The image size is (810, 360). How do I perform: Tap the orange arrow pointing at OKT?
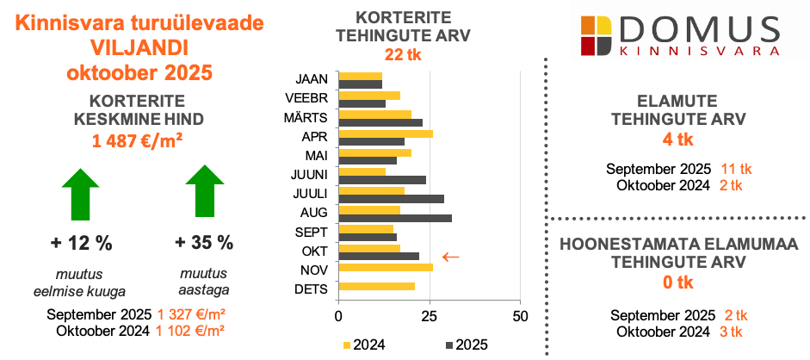pos(449,256)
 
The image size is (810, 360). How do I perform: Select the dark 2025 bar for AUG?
pos(395,218)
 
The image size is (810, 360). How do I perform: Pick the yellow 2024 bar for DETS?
pos(377,286)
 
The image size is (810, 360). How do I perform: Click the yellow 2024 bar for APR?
pos(386,133)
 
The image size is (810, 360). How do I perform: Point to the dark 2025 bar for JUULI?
pos(392,199)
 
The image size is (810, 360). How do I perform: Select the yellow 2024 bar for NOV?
pos(386,267)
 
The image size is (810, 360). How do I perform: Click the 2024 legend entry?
pos(363,344)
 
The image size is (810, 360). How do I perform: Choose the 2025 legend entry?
pos(467,344)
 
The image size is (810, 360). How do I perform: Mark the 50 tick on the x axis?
pos(519,316)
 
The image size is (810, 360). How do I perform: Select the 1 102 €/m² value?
pos(192,329)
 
